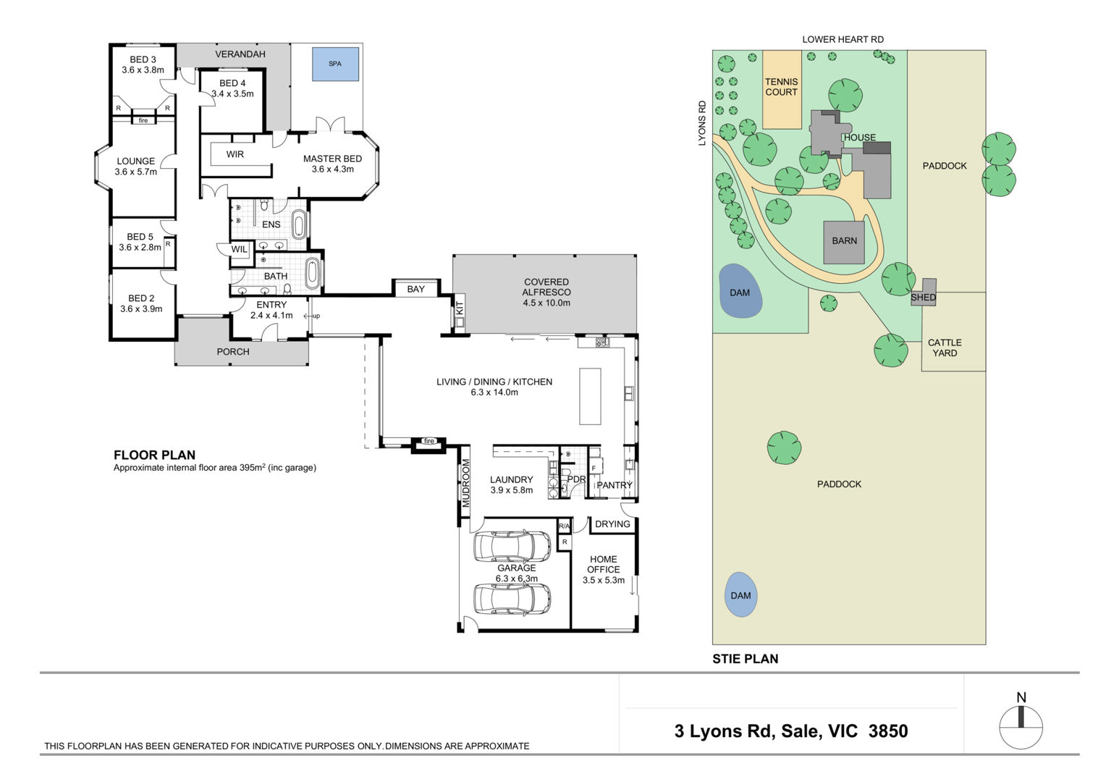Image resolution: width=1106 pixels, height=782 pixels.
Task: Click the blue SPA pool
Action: tap(335, 64)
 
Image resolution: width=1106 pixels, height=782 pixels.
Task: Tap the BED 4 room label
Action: tap(232, 83)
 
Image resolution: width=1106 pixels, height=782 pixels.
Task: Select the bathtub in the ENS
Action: tap(299, 224)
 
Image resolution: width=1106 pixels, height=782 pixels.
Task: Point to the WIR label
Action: tap(235, 154)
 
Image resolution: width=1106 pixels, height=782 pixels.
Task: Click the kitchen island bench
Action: tap(590, 396)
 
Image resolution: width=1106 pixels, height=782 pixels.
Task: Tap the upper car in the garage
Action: tap(512, 546)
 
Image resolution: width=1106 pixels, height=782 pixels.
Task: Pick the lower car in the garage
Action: tap(512, 599)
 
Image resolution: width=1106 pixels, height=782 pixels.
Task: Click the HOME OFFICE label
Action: tap(604, 564)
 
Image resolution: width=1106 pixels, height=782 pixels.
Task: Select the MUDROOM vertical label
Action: tap(465, 483)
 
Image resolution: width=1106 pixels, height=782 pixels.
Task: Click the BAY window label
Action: tap(415, 289)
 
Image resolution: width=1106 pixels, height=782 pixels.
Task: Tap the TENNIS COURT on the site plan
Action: tap(782, 89)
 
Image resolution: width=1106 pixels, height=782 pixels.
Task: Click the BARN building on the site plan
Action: tap(844, 243)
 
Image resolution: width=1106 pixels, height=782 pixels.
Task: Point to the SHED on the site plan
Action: tap(924, 293)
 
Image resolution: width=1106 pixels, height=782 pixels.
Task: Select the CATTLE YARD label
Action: tap(945, 348)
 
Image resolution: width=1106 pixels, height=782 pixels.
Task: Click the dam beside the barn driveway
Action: tap(740, 290)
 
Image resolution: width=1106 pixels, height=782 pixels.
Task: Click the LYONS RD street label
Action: tap(702, 123)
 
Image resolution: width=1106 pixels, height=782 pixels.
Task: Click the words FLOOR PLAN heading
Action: tap(155, 455)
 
